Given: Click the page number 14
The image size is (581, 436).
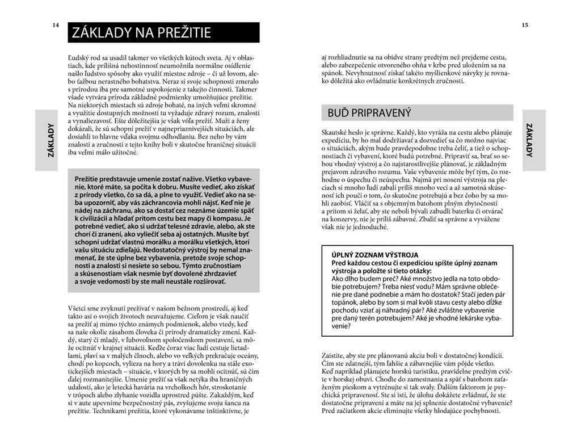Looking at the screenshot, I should point(55,25).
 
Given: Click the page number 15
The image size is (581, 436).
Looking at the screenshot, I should point(524,25).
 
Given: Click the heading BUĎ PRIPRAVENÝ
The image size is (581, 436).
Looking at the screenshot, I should point(369,113).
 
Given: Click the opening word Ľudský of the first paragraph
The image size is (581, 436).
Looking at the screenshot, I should point(79,58).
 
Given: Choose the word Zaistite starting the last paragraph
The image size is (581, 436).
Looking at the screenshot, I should point(335,353).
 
